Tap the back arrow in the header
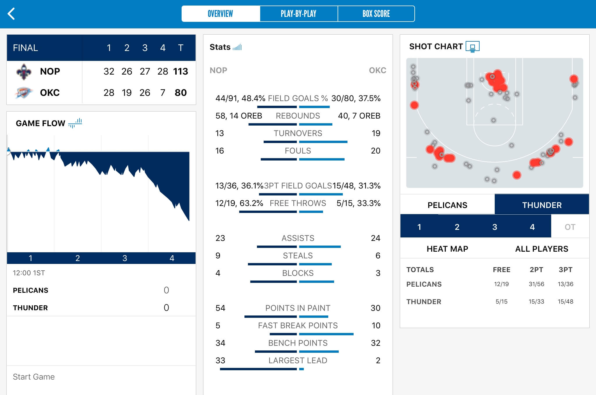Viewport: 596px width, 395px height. [11, 14]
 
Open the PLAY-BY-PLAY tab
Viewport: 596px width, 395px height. [299, 14]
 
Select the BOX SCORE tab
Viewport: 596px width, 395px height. [376, 14]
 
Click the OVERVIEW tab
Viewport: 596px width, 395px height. [220, 14]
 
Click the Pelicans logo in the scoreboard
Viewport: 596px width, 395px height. [24, 72]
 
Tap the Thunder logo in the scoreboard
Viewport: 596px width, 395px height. [23, 93]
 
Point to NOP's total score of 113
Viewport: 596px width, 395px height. [180, 71]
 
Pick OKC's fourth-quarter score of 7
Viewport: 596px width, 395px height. [163, 93]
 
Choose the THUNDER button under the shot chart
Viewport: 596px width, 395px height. [542, 205]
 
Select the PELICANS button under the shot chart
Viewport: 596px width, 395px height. [447, 205]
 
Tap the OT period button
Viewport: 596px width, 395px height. [570, 227]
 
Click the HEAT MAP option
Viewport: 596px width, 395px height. [447, 249]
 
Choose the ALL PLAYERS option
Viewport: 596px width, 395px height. [542, 249]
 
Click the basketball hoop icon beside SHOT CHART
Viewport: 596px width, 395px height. [472, 47]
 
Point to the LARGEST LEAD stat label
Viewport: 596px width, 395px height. [298, 361]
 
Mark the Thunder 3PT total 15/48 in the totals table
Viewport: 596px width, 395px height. [565, 301]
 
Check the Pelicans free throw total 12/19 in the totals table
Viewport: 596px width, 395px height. [501, 284]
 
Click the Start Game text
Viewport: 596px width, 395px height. [34, 377]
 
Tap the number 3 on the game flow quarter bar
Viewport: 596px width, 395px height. [125, 258]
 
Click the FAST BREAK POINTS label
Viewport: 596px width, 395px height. [298, 326]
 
